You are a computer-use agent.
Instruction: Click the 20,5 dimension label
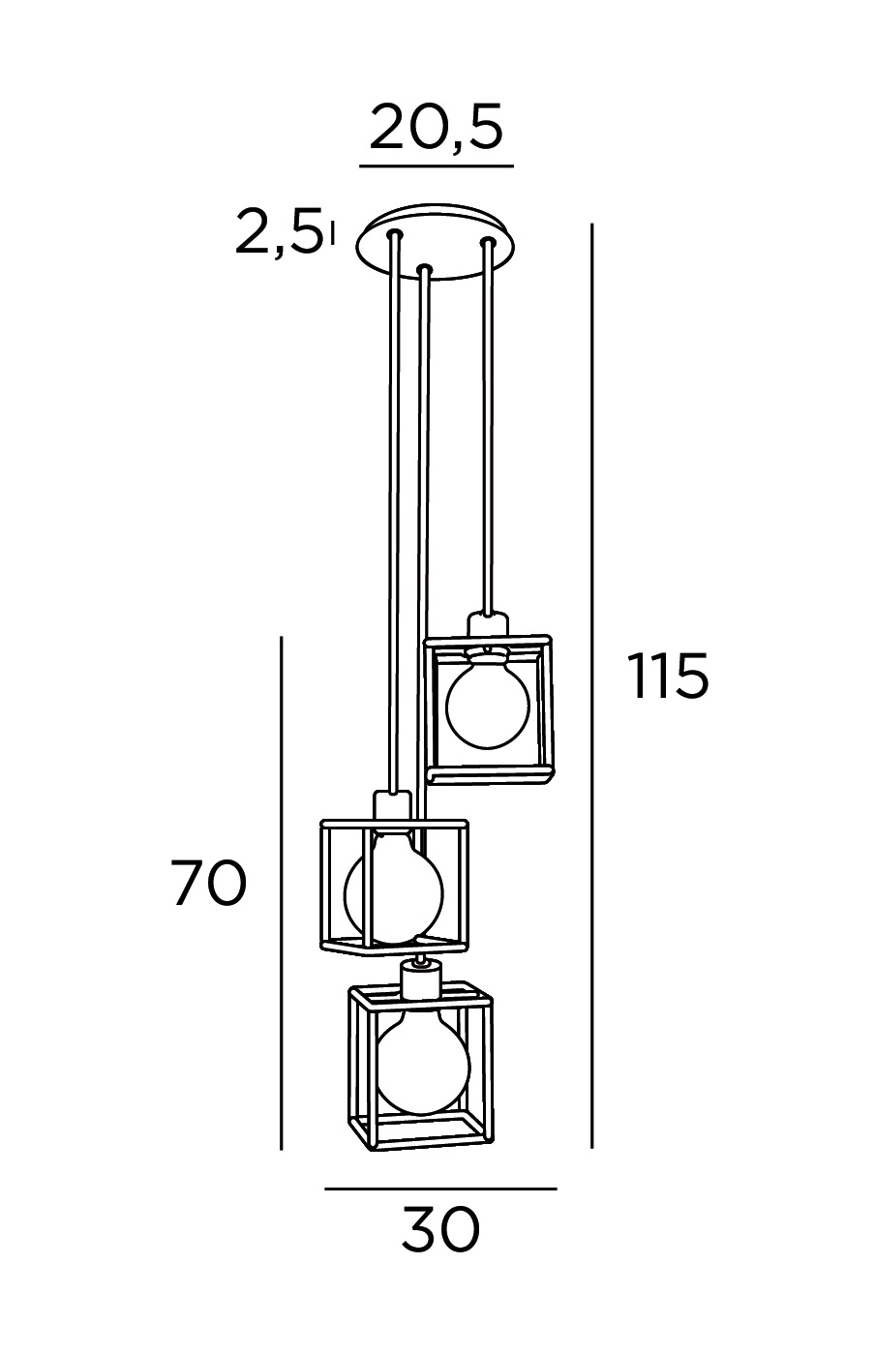click(x=436, y=128)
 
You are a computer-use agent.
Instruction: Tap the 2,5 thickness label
click(x=279, y=232)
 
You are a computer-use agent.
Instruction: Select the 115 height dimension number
click(x=669, y=676)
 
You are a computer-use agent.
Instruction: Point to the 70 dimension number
click(x=209, y=884)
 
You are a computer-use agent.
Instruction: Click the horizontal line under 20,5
click(x=437, y=165)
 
